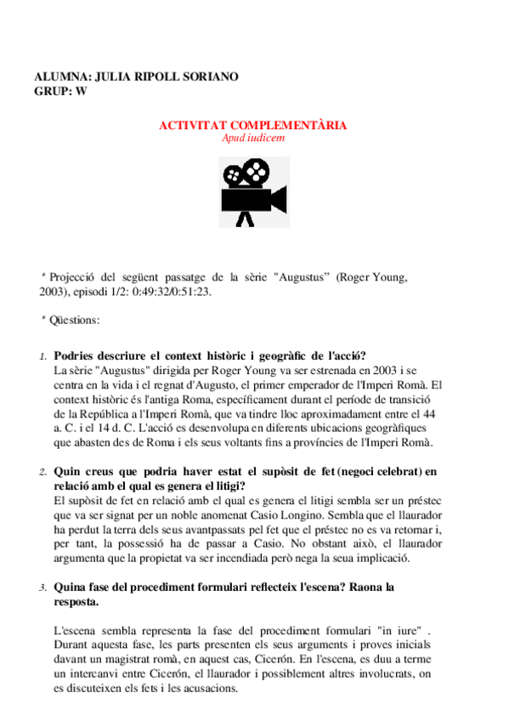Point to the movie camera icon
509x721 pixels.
pyautogui.click(x=252, y=189)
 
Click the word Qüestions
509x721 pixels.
pyautogui.click(x=74, y=320)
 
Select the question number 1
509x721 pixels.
pyautogui.click(x=43, y=357)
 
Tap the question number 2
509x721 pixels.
pyautogui.click(x=43, y=471)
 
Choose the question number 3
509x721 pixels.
pyautogui.click(x=43, y=588)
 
